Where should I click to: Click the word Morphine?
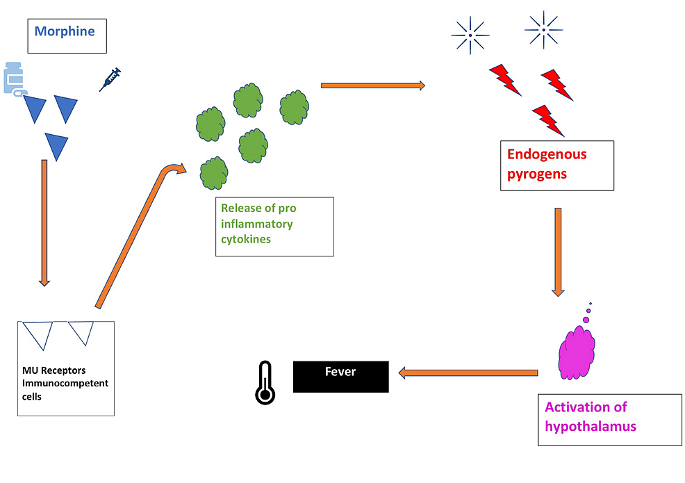[x=65, y=31]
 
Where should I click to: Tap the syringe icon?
[x=110, y=79]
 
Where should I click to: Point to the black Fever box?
[x=340, y=376]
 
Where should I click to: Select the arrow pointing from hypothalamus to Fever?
[x=469, y=373]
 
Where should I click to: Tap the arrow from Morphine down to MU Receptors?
[x=44, y=222]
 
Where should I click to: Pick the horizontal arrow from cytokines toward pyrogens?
[x=372, y=85]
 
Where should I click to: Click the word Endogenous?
[x=547, y=154]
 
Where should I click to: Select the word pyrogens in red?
[x=537, y=174]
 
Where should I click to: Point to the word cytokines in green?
[x=246, y=239]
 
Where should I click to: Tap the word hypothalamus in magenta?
[x=591, y=425]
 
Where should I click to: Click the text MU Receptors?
[x=54, y=370]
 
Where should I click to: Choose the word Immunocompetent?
[x=65, y=384]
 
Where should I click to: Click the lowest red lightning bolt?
[x=549, y=120]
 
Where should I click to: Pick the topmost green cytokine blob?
[x=247, y=101]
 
